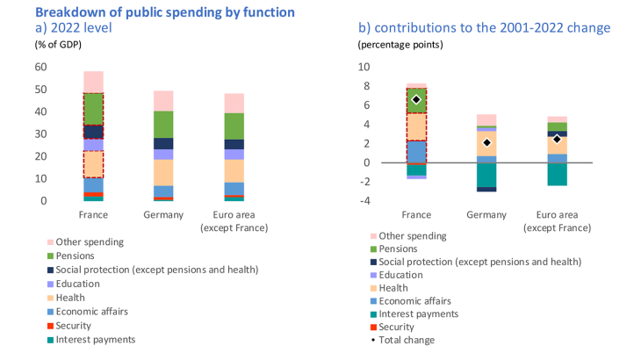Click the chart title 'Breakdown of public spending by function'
[x=164, y=12]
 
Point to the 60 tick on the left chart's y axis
[x=41, y=67]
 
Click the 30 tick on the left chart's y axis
[x=41, y=134]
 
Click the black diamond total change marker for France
[x=416, y=99]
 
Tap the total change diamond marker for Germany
[x=486, y=142]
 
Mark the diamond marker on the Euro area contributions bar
[x=557, y=139]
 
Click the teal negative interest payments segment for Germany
[x=486, y=175]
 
